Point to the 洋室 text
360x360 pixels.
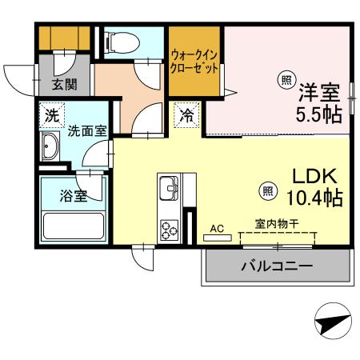point(321,90)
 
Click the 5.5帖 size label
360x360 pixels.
point(321,112)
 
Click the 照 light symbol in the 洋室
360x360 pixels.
point(286,79)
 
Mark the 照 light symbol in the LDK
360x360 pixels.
point(270,190)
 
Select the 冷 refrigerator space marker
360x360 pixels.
point(186,114)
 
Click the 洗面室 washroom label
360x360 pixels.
point(86,130)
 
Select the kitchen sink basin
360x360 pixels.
point(169,190)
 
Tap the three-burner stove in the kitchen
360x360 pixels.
point(170,229)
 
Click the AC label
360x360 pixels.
point(216,228)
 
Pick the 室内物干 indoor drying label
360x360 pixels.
point(277,224)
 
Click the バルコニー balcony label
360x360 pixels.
point(277,266)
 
